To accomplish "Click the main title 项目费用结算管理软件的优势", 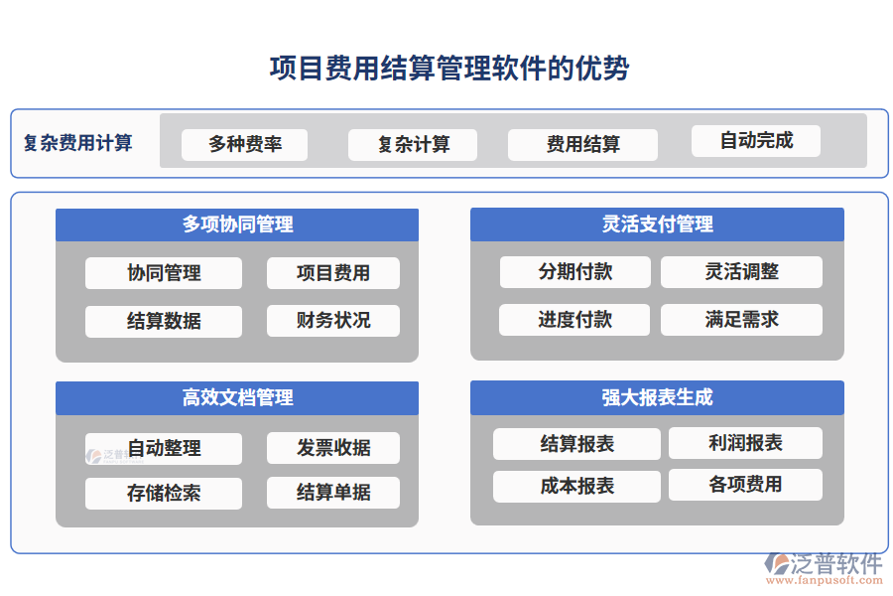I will (x=448, y=69).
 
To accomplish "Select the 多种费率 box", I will (x=244, y=145).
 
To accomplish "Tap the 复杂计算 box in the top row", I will (x=412, y=145).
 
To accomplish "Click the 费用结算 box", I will (x=582, y=145).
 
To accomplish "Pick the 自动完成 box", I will (x=755, y=141).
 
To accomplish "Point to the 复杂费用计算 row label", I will (x=78, y=143).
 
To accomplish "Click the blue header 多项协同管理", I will (x=237, y=224).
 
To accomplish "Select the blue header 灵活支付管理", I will (x=657, y=224).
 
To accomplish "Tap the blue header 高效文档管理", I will (x=237, y=397).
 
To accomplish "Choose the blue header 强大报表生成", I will (x=657, y=397).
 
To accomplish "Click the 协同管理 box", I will (x=164, y=273).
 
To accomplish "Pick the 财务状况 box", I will (x=333, y=320).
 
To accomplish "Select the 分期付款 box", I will (x=574, y=272).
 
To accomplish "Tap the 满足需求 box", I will (x=741, y=320).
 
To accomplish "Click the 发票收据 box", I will (x=333, y=448).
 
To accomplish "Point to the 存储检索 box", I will (x=164, y=494).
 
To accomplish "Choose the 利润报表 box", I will (x=745, y=443).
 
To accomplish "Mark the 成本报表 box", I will (x=576, y=486).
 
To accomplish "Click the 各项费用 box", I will (x=745, y=485).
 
